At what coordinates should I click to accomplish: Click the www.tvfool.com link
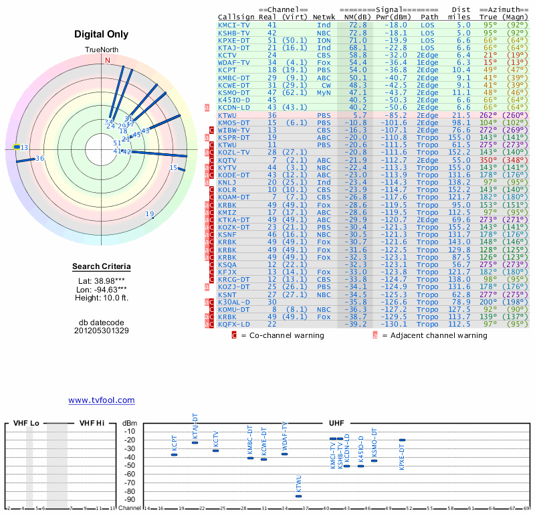pos(101,400)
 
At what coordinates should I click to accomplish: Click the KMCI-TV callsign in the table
pos(234,24)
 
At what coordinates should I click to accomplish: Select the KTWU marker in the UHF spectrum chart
pos(298,496)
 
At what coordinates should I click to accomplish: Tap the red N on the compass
pos(107,60)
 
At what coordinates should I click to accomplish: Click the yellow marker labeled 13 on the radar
pos(17,147)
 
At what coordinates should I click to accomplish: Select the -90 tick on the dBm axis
pos(129,499)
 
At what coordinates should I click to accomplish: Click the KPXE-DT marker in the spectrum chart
pos(402,440)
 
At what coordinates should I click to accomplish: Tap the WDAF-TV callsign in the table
pos(234,62)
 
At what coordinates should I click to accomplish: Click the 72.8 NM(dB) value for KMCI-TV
pos(358,24)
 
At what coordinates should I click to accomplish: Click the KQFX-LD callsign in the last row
pos(234,324)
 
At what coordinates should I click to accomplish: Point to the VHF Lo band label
pos(26,423)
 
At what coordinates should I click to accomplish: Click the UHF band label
pos(336,423)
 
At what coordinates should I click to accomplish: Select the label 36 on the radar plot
pos(39,158)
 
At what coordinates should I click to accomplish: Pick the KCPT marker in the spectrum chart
pos(175,454)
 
